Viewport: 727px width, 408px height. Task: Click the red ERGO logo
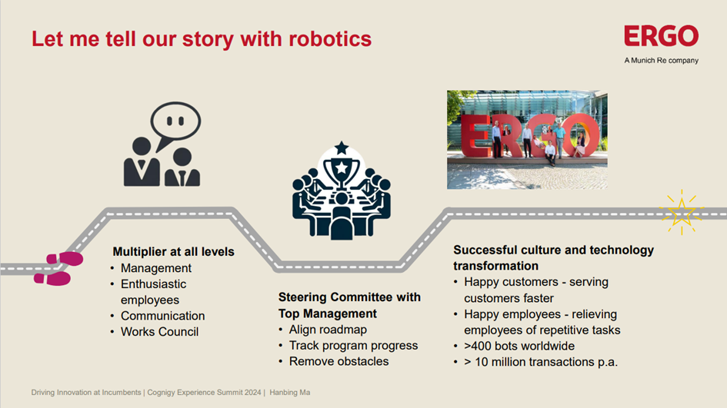[x=661, y=35]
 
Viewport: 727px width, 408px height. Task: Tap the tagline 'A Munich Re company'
[x=661, y=60]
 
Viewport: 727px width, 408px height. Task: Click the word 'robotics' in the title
[x=330, y=38]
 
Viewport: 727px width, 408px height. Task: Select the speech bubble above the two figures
[x=175, y=123]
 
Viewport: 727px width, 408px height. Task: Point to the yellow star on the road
[x=682, y=212]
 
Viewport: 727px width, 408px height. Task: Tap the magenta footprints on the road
[x=58, y=269]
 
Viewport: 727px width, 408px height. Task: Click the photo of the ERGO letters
[x=527, y=139]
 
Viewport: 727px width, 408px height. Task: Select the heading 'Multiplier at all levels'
[x=173, y=251]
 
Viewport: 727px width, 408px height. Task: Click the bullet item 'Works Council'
[x=159, y=332]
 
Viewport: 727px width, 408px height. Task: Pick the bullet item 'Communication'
[x=163, y=316]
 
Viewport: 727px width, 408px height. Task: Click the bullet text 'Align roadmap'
[x=328, y=330]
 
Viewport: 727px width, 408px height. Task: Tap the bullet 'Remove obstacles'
[x=339, y=361]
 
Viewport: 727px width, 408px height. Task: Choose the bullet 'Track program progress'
[x=353, y=346]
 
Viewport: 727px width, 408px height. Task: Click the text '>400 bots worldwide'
[x=519, y=346]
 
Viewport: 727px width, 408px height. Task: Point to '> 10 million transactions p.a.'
[x=541, y=362]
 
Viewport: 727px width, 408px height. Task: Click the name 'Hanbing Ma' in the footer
[x=290, y=393]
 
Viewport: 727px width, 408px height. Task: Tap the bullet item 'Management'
[x=155, y=268]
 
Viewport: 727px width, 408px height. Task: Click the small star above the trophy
[x=342, y=148]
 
